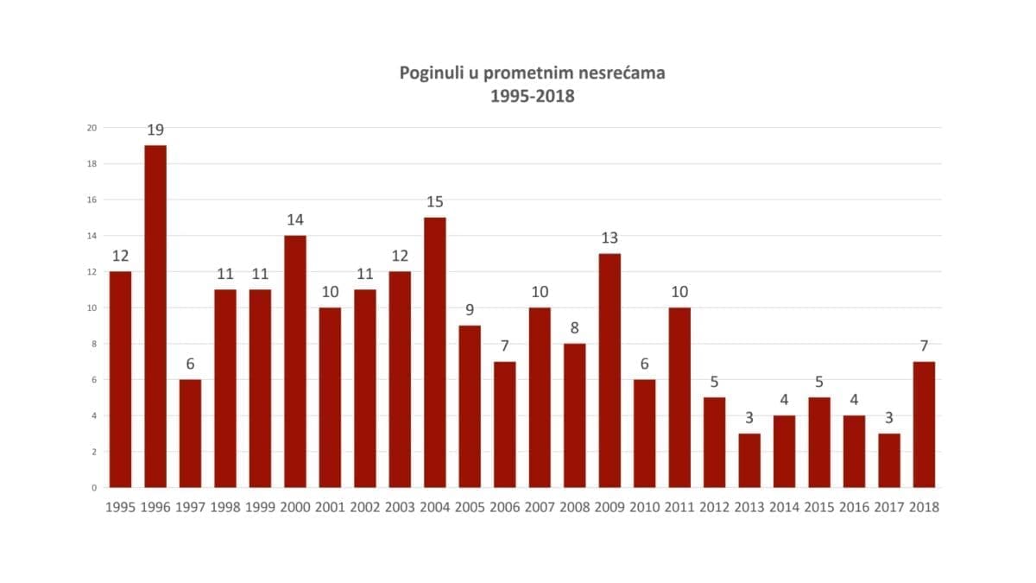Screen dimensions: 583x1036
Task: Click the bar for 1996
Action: (155, 316)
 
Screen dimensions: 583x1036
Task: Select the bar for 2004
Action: (435, 352)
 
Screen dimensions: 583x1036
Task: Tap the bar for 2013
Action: (749, 460)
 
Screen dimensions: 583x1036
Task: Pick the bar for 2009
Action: (610, 371)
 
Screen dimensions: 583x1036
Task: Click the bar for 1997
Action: (190, 434)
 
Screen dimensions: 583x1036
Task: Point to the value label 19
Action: (155, 130)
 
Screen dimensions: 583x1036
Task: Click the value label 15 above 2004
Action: (435, 202)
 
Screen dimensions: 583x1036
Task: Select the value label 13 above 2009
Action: (610, 238)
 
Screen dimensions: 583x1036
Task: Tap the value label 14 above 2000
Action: (295, 220)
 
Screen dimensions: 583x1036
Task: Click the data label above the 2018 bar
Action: (924, 346)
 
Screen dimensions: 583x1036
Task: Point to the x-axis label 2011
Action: (679, 508)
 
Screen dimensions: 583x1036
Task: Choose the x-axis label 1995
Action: (120, 508)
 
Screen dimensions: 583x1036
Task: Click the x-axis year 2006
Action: (505, 508)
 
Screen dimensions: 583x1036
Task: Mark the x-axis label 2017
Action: (889, 508)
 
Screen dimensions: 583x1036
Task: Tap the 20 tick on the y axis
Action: (92, 128)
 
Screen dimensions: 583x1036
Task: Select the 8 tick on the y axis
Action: (94, 344)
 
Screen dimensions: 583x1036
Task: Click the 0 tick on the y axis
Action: (94, 488)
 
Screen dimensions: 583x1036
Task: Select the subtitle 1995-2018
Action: (532, 97)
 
